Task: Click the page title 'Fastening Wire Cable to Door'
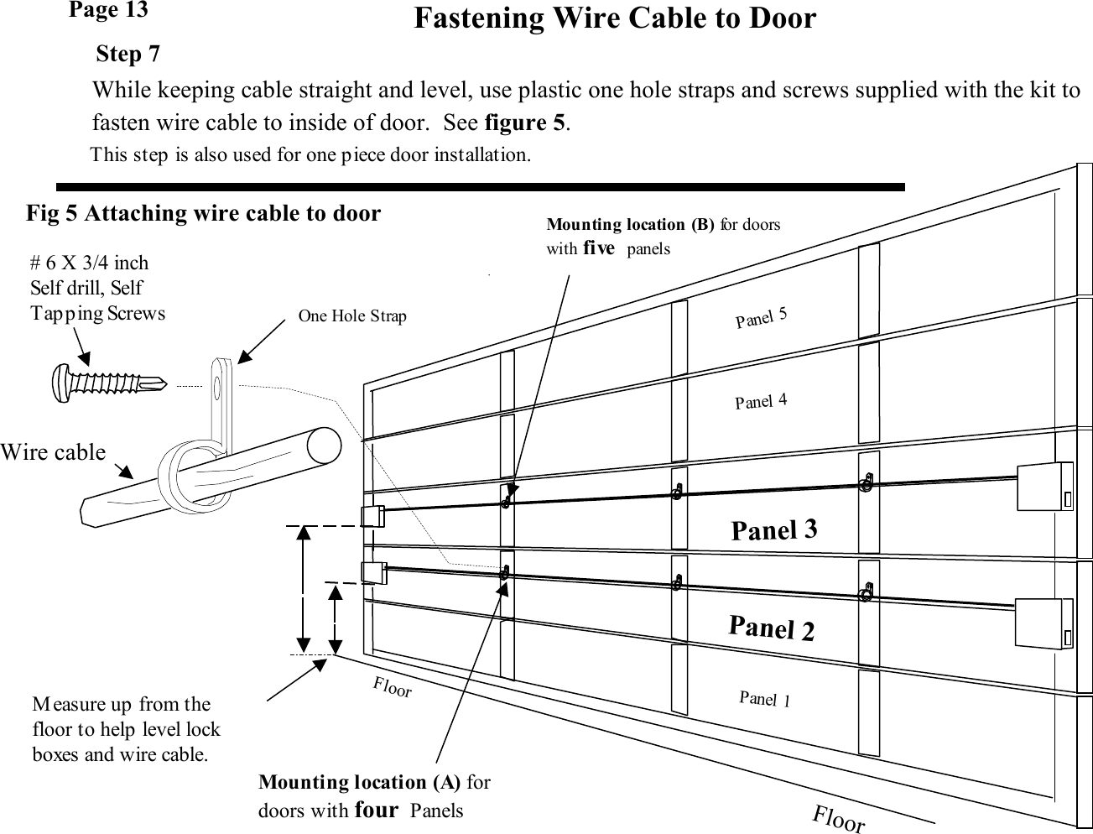pyautogui.click(x=614, y=18)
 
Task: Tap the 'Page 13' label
pyautogui.click(x=108, y=10)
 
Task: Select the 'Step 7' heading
pyautogui.click(x=128, y=55)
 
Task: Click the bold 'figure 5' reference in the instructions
pyautogui.click(x=525, y=122)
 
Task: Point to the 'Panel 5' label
pyautogui.click(x=761, y=318)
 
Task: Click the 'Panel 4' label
pyautogui.click(x=761, y=401)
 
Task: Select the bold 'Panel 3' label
pyautogui.click(x=773, y=529)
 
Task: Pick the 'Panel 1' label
pyautogui.click(x=764, y=698)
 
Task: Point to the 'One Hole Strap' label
pyautogui.click(x=352, y=316)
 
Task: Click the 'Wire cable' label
pyautogui.click(x=53, y=452)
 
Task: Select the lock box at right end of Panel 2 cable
pyautogui.click(x=1043, y=623)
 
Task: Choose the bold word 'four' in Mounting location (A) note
pyautogui.click(x=376, y=811)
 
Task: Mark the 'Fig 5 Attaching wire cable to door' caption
pyautogui.click(x=203, y=214)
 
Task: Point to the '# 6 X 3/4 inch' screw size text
pyautogui.click(x=89, y=263)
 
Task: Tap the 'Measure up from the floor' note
pyautogui.click(x=126, y=728)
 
